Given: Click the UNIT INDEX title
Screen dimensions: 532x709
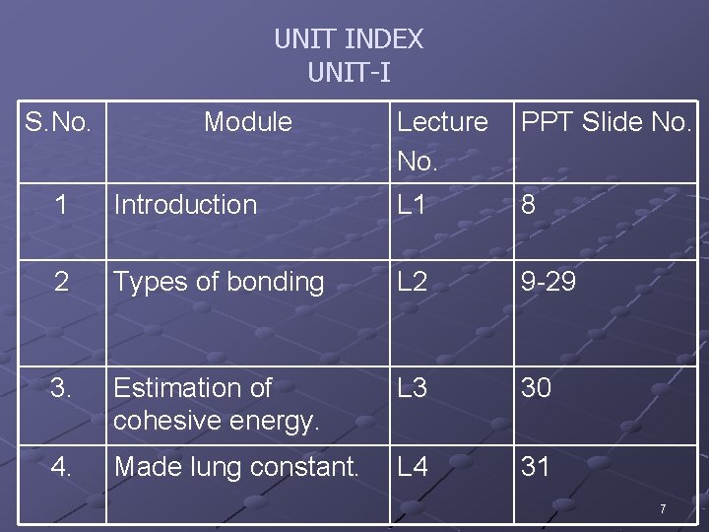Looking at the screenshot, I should [x=349, y=39].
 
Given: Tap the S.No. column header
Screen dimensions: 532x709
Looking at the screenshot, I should [x=58, y=122].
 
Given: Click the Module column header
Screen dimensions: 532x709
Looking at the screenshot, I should [x=248, y=122].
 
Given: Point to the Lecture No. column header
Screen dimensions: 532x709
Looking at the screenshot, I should [x=442, y=139].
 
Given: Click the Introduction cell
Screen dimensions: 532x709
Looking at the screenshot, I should [x=185, y=205].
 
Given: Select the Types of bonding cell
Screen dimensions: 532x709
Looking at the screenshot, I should [x=219, y=282].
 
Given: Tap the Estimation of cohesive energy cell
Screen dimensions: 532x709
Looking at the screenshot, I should [x=217, y=404].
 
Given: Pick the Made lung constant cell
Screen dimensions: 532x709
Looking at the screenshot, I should [x=236, y=466].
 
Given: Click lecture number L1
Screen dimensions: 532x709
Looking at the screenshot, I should [x=412, y=205].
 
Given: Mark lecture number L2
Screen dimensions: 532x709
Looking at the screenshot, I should [x=413, y=282].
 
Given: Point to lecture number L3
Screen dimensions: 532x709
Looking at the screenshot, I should [x=413, y=388].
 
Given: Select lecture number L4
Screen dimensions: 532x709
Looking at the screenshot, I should [x=413, y=466].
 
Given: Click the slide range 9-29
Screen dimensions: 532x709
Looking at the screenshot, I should [x=548, y=282].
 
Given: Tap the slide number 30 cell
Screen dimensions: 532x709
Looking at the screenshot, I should [x=537, y=388].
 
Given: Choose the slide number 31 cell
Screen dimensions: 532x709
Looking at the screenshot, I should [x=536, y=466].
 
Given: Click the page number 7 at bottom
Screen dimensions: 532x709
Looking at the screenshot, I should [x=663, y=509].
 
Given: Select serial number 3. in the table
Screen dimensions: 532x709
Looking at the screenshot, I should [x=61, y=388].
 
